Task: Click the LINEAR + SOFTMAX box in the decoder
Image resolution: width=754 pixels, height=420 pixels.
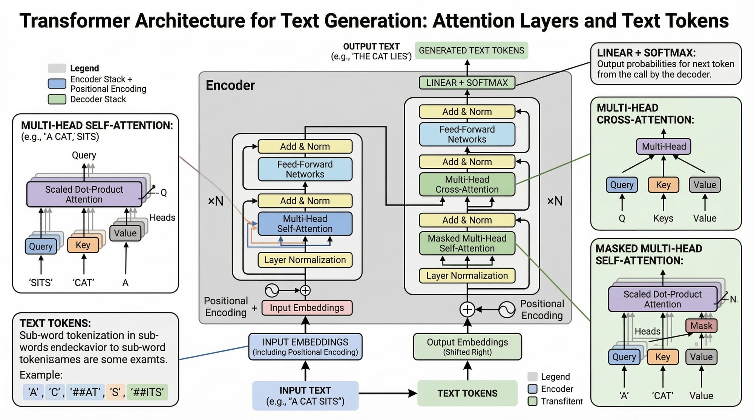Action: [467, 83]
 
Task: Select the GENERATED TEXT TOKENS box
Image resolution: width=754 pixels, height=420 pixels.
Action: [471, 50]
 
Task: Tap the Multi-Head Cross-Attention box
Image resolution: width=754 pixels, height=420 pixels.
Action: [467, 184]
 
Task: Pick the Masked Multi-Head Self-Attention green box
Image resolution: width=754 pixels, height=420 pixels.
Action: [467, 243]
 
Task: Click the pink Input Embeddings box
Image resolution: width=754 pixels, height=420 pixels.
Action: [307, 308]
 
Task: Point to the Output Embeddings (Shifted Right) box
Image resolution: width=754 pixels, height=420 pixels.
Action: [467, 347]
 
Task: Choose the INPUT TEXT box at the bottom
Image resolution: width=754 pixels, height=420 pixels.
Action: [305, 396]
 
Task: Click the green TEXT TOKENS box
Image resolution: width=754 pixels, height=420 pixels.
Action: [467, 393]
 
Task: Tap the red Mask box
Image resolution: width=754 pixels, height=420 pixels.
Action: [701, 326]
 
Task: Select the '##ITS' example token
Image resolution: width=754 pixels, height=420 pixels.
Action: [147, 392]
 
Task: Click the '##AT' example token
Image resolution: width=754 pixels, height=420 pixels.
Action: [86, 392]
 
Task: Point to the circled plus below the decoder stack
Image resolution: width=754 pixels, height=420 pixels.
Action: [467, 309]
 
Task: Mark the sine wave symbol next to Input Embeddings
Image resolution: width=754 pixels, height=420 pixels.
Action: [272, 291]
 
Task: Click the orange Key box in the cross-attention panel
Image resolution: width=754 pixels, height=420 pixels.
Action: [663, 185]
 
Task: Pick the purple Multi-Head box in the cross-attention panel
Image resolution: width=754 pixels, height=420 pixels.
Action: [664, 146]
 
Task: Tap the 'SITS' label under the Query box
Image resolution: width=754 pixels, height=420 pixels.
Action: [41, 283]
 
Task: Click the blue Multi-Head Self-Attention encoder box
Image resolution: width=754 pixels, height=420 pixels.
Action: [305, 224]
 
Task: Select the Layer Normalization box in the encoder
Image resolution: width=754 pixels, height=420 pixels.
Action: [305, 260]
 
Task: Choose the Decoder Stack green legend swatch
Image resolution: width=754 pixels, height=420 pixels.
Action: [57, 99]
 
